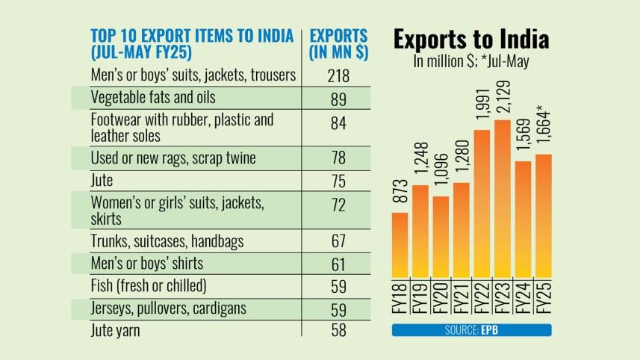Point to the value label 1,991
[482, 106]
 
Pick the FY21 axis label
[462, 298]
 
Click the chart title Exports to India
[471, 40]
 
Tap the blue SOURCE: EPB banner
[471, 329]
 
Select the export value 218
[338, 75]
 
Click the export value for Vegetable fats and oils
[338, 98]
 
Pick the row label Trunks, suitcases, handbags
[168, 242]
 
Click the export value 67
[338, 242]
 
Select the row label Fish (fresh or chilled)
[148, 285]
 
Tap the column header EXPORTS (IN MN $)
[338, 44]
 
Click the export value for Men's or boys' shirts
[338, 264]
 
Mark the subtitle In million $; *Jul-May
[471, 62]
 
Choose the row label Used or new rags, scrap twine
[173, 158]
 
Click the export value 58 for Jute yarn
[338, 328]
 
